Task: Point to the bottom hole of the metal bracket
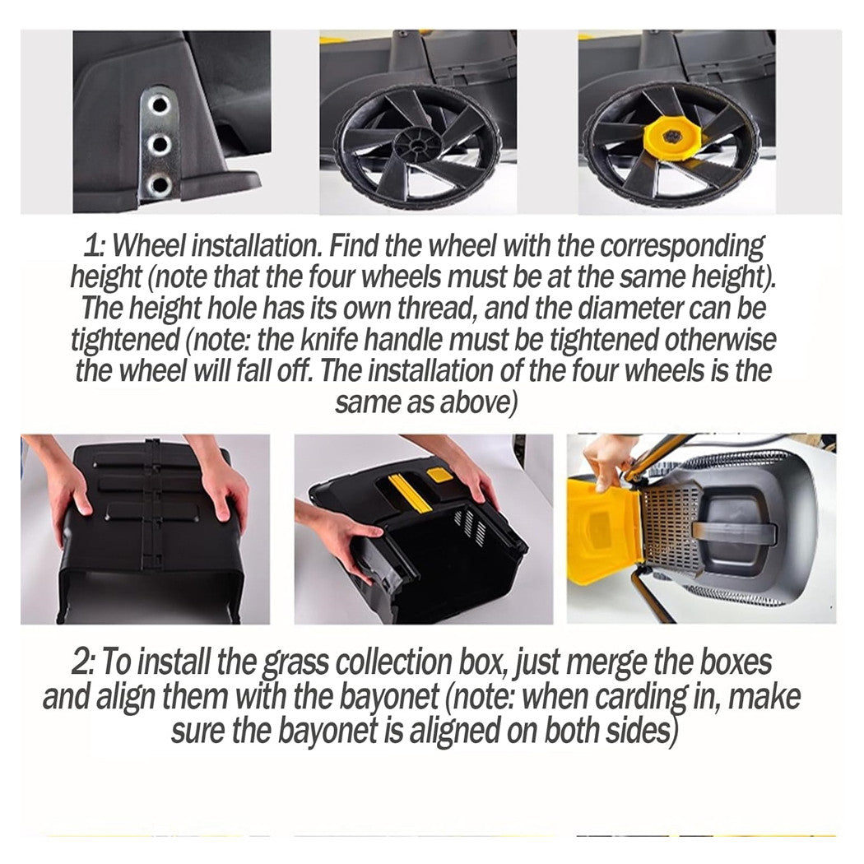click(160, 183)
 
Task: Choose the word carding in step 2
click(648, 698)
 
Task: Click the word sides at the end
click(638, 731)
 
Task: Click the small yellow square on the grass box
click(439, 475)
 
